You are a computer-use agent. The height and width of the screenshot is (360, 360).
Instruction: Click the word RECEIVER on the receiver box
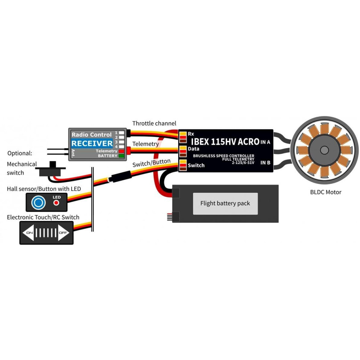click(92, 143)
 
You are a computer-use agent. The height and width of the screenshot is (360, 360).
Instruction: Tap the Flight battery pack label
click(225, 203)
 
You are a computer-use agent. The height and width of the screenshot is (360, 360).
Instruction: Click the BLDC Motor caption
click(325, 192)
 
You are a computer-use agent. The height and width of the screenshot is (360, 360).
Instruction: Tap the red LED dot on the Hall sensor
click(57, 203)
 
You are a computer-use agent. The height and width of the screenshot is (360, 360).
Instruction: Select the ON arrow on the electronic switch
click(29, 233)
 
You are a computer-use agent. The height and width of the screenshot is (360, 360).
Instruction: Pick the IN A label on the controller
click(265, 142)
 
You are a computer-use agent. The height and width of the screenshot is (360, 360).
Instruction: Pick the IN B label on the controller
click(265, 163)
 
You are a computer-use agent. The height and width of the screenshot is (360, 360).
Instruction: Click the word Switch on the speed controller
click(196, 165)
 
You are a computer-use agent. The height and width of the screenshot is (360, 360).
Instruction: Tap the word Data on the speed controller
click(193, 149)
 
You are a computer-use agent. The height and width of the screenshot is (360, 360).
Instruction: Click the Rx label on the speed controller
click(191, 134)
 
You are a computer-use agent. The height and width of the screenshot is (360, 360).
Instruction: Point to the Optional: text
click(19, 153)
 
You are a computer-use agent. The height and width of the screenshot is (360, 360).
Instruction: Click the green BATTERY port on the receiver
click(122, 156)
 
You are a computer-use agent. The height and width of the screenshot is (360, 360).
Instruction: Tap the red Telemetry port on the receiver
click(122, 151)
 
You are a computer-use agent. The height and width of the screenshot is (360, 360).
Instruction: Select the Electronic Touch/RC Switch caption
click(43, 217)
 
